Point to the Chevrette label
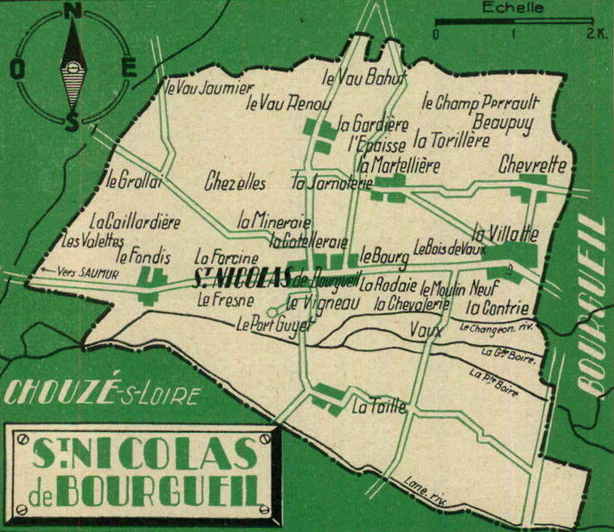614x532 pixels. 532,165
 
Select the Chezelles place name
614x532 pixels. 234,183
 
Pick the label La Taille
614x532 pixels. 378,408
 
